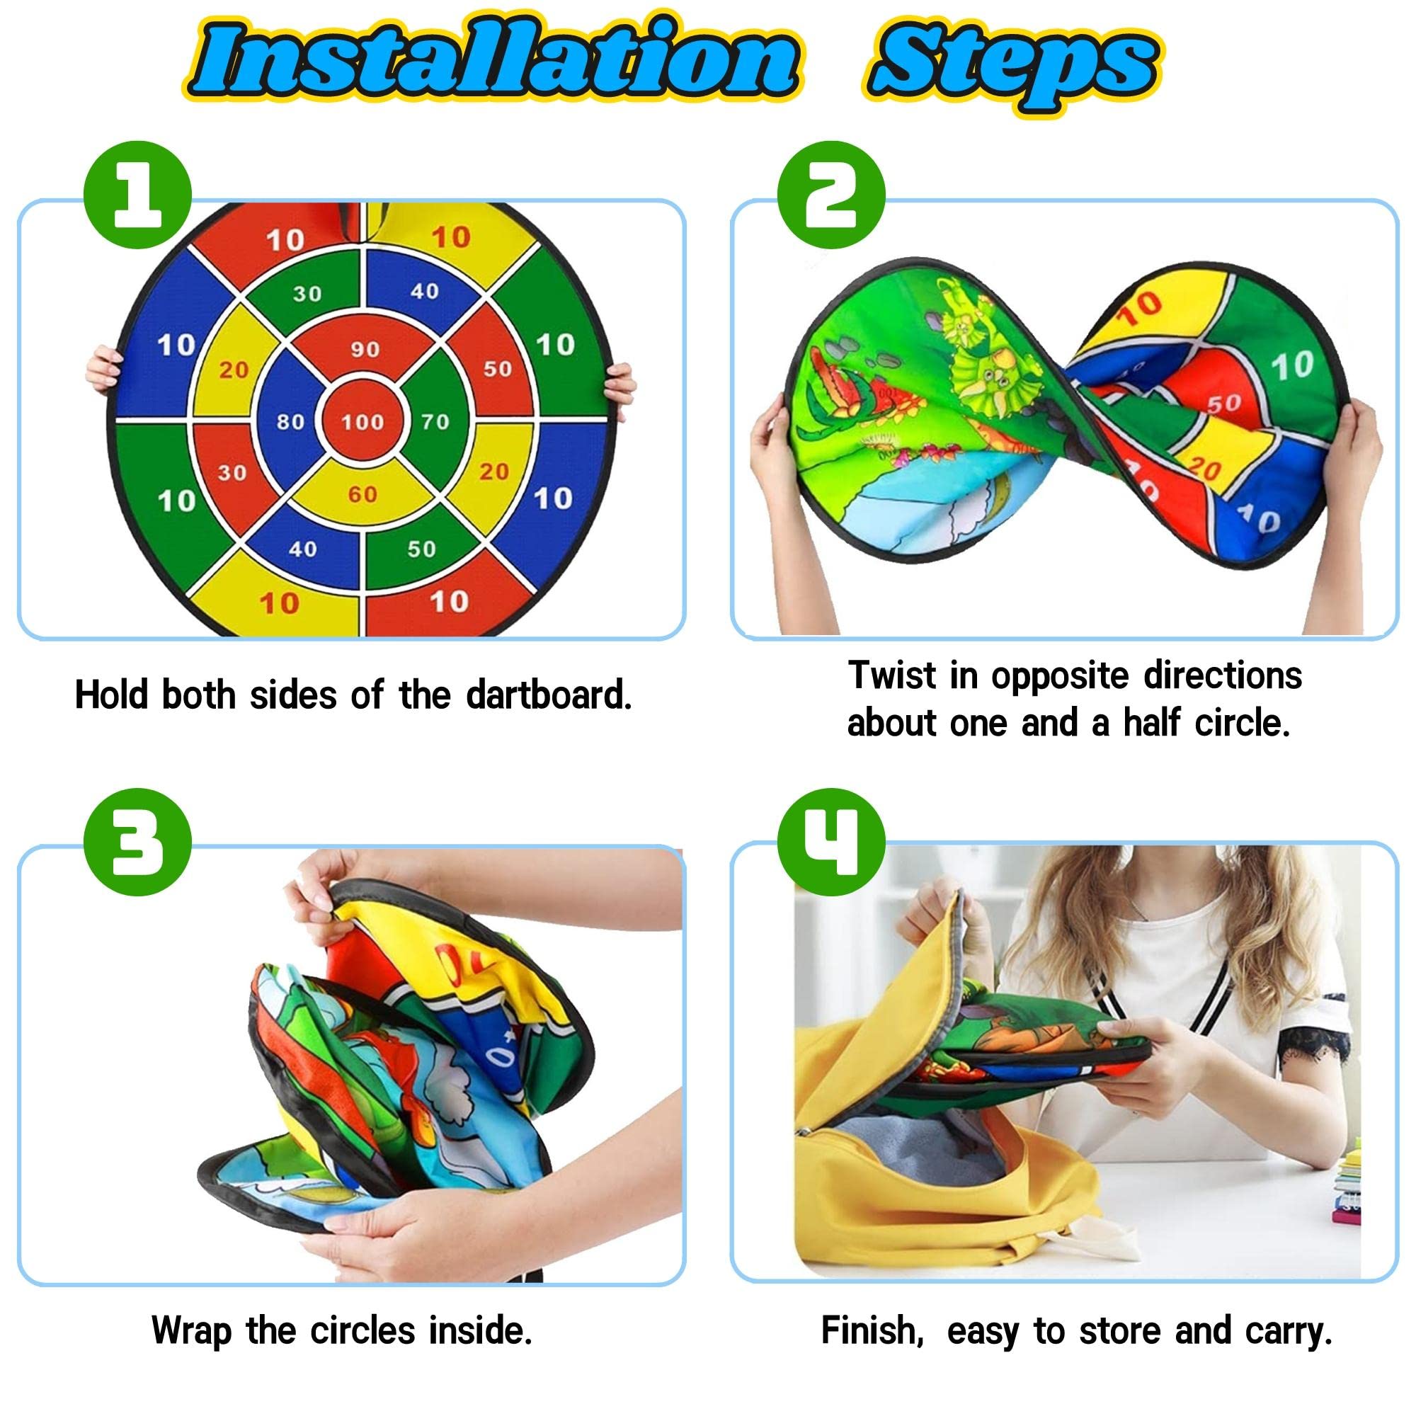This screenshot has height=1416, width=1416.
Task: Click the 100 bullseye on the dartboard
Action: click(362, 421)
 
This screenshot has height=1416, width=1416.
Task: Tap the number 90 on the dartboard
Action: click(364, 349)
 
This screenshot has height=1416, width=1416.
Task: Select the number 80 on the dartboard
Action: click(291, 421)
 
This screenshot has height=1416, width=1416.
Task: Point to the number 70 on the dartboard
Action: click(435, 421)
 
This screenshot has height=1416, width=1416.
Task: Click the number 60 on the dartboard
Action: click(362, 494)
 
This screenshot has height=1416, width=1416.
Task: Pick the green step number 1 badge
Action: click(138, 196)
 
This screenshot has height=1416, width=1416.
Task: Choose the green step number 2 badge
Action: click(831, 196)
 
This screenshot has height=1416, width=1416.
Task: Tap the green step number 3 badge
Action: click(138, 842)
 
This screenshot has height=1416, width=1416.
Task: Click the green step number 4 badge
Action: click(831, 842)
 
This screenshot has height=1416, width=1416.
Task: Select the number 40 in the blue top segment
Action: click(424, 292)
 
